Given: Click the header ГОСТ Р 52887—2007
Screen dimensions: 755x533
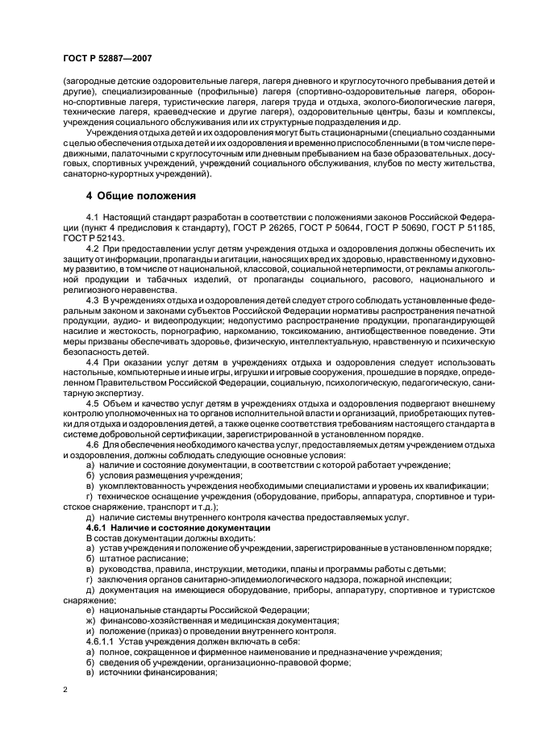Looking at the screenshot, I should [106, 58].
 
